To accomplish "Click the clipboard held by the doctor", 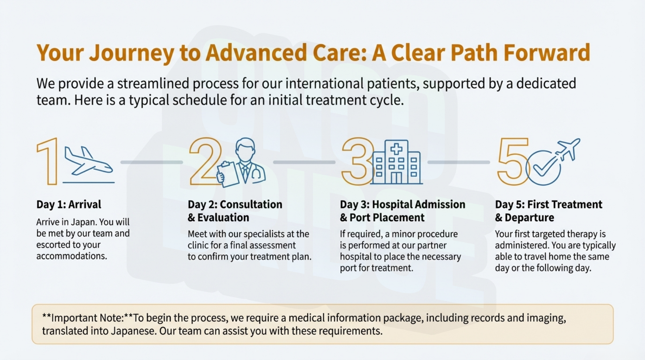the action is pyautogui.click(x=228, y=174).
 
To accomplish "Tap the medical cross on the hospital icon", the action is pyautogui.click(x=396, y=149).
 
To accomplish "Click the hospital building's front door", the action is pyautogui.click(x=396, y=178).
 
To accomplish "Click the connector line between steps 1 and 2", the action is pyautogui.click(x=152, y=162).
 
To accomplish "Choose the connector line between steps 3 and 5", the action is pyautogui.click(x=458, y=162).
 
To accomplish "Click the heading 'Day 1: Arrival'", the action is pyautogui.click(x=69, y=204).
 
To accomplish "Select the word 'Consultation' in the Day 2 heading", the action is pyautogui.click(x=251, y=204).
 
